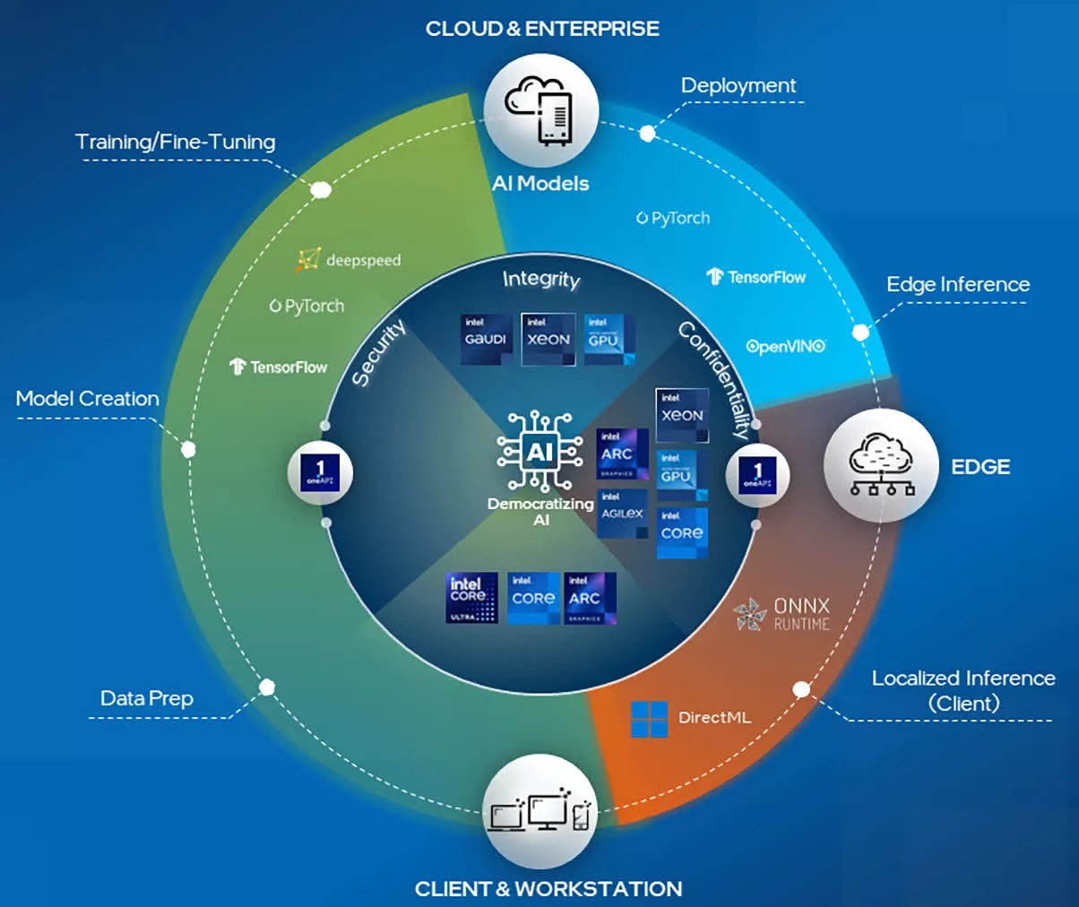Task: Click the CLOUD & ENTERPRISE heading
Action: pyautogui.click(x=541, y=29)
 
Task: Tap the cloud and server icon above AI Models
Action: pyautogui.click(x=540, y=111)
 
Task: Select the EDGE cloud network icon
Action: pyautogui.click(x=881, y=464)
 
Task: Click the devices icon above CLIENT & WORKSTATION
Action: pyautogui.click(x=540, y=812)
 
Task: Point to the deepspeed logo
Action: pyautogui.click(x=349, y=260)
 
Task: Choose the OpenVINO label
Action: pyautogui.click(x=785, y=346)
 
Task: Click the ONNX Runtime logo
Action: pyautogui.click(x=781, y=614)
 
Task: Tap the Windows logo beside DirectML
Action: pyautogui.click(x=649, y=719)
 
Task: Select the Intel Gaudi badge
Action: pyautogui.click(x=486, y=339)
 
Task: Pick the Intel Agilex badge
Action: pyautogui.click(x=622, y=513)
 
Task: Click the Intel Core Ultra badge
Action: pyautogui.click(x=471, y=598)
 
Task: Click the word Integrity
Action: pyautogui.click(x=541, y=280)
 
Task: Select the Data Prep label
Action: pyautogui.click(x=146, y=698)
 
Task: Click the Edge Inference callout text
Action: pyautogui.click(x=957, y=284)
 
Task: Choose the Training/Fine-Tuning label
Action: pyautogui.click(x=175, y=142)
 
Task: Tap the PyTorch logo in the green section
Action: pyautogui.click(x=306, y=307)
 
